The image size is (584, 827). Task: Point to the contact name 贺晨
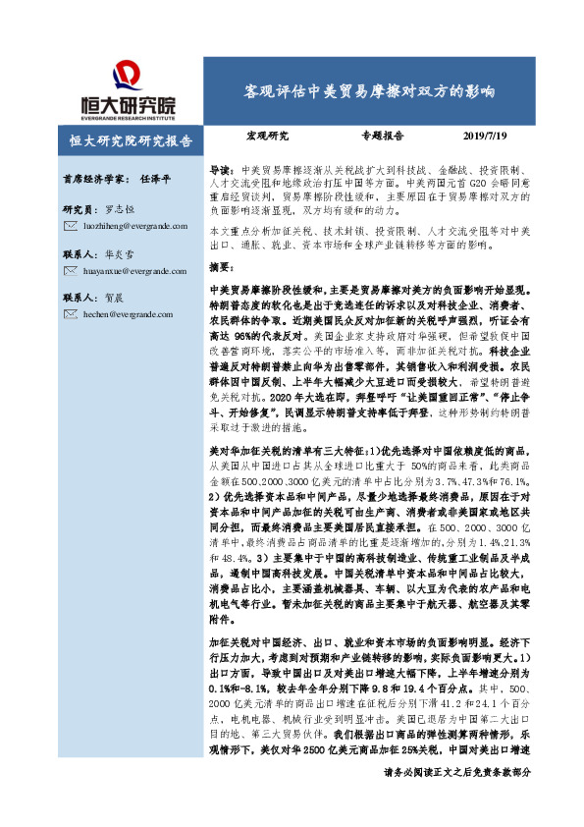click(x=114, y=296)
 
